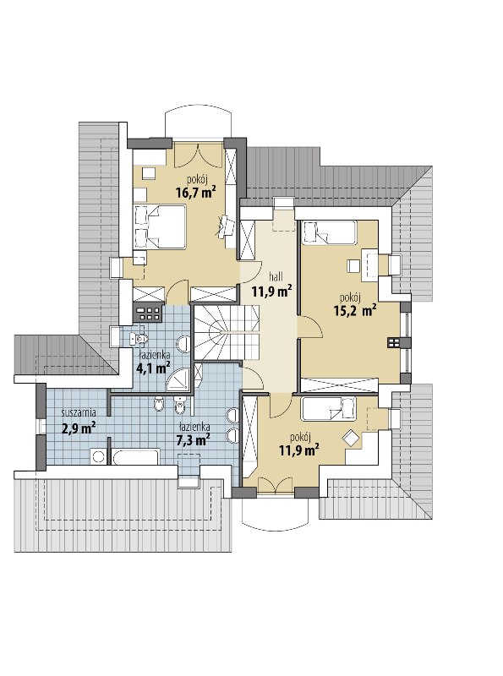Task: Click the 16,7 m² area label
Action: [x=195, y=192]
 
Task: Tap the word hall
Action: [x=276, y=276]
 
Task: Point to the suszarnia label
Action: [x=79, y=412]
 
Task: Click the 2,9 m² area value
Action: [x=79, y=427]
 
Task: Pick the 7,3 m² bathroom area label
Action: [x=194, y=440]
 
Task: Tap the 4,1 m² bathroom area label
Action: [x=153, y=368]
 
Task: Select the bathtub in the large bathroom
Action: [x=136, y=456]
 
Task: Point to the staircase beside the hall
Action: [x=226, y=332]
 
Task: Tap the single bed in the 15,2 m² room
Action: [x=329, y=232]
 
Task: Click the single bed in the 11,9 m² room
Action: [x=329, y=409]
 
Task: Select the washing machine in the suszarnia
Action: [x=99, y=456]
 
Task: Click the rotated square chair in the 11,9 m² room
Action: [x=350, y=439]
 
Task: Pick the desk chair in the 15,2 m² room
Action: [x=353, y=265]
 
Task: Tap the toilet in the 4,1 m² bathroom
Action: [x=138, y=339]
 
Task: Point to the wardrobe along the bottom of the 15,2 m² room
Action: [x=340, y=385]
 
